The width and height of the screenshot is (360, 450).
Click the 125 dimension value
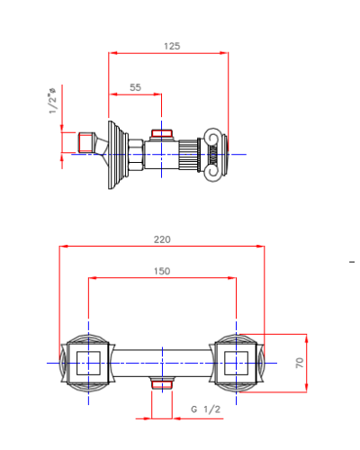point(172,46)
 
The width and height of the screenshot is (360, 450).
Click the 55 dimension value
point(135,87)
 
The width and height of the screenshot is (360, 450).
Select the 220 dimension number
point(162,239)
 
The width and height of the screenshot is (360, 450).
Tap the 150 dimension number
point(162,271)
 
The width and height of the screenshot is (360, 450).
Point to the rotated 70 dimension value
point(300,363)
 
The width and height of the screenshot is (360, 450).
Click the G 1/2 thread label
point(206,409)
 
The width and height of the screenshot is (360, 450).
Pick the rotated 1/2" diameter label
point(52,101)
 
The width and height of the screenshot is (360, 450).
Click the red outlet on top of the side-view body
point(162,133)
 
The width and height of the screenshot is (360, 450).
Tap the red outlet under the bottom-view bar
point(162,384)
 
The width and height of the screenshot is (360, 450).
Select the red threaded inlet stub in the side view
point(85,142)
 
